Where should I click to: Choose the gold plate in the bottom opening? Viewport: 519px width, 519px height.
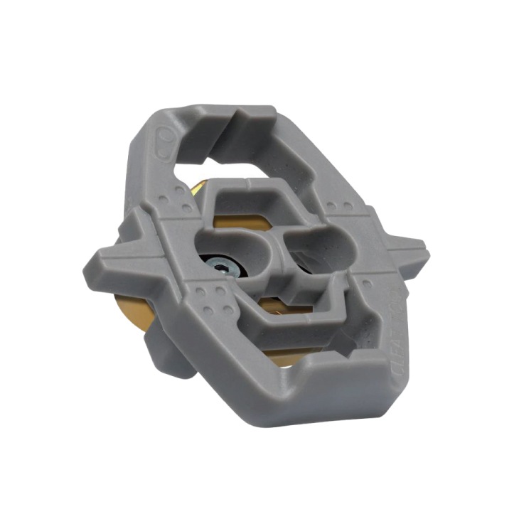[x=284, y=348]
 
